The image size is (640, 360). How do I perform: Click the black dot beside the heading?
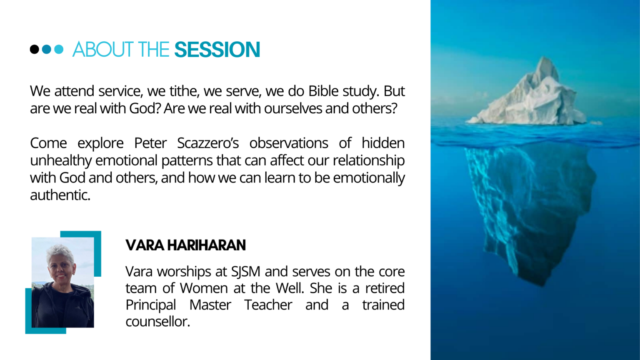tap(34, 49)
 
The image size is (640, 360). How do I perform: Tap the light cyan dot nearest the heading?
tap(59, 49)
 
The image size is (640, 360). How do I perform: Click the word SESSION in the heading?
tap(217, 50)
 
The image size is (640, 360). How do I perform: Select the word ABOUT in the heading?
tap(103, 50)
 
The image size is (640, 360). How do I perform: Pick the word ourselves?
tap(293, 109)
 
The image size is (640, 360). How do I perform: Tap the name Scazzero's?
tap(208, 143)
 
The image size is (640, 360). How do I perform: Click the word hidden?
tap(383, 143)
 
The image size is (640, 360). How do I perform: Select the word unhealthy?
tap(61, 160)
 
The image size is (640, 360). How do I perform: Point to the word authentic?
tap(60, 195)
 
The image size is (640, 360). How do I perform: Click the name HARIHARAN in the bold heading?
tap(206, 245)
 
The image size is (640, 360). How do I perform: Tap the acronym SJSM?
tap(246, 271)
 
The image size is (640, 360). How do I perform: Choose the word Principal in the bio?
tap(150, 305)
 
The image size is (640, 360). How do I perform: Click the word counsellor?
tap(158, 322)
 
